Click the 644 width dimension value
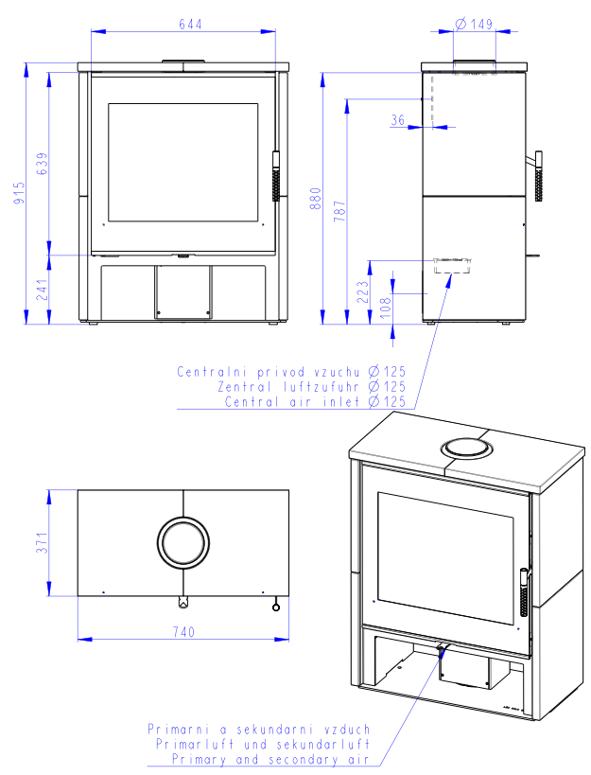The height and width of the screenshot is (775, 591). tap(190, 25)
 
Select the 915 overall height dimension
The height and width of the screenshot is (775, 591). tap(19, 193)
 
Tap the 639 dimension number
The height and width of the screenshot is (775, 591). tap(43, 164)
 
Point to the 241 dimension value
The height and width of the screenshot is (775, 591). tap(43, 290)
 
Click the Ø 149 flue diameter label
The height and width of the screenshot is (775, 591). tap(474, 24)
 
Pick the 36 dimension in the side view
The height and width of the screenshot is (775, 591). tap(397, 119)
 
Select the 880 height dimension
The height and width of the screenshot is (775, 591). tap(316, 198)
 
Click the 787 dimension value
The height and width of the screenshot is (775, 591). tap(339, 211)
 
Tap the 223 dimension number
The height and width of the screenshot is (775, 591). tap(363, 292)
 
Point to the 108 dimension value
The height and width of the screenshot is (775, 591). tap(386, 308)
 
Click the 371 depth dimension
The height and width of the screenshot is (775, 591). tap(43, 543)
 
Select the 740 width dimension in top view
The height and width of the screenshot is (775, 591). tap(183, 632)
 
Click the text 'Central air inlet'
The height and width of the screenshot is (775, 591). tap(291, 401)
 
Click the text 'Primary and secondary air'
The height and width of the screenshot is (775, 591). tap(270, 759)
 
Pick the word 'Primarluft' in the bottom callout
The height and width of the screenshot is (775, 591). tap(195, 744)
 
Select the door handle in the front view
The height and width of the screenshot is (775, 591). tap(276, 176)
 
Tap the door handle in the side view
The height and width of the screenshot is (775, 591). tap(538, 176)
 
